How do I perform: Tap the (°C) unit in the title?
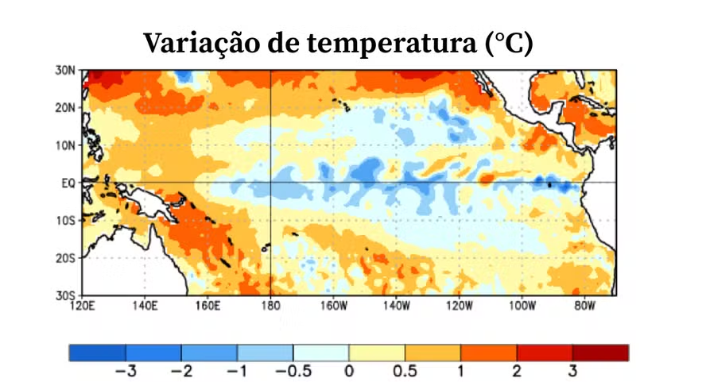point(509,43)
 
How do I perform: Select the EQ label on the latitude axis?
point(68,183)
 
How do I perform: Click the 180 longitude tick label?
point(270,305)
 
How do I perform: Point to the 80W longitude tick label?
point(584,305)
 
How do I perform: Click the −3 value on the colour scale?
point(125,371)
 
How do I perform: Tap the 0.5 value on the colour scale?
point(405,371)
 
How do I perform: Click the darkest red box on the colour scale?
point(600,353)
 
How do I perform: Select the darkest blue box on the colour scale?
point(97,353)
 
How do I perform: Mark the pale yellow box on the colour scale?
point(377,353)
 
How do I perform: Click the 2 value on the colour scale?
point(517,371)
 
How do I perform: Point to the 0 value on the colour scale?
point(349,371)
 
